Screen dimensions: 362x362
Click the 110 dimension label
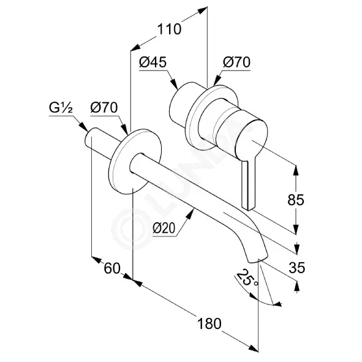[170, 29]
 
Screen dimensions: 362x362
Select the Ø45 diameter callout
[153, 62]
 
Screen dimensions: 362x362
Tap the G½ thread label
[61, 108]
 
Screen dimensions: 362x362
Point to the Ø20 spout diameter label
[164, 228]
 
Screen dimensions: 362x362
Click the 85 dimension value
[296, 200]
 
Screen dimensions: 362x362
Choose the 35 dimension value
[296, 268]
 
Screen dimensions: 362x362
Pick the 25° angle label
[247, 278]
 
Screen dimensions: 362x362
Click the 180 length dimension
[209, 323]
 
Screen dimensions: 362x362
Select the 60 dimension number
[112, 268]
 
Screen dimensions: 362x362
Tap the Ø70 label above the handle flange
[236, 62]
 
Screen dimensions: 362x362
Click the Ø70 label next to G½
[104, 108]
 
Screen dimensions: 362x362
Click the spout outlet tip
[258, 259]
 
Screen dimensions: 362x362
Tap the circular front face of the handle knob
[252, 140]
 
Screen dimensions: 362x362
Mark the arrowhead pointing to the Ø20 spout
[190, 214]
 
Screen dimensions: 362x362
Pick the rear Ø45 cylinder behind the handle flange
[183, 104]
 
